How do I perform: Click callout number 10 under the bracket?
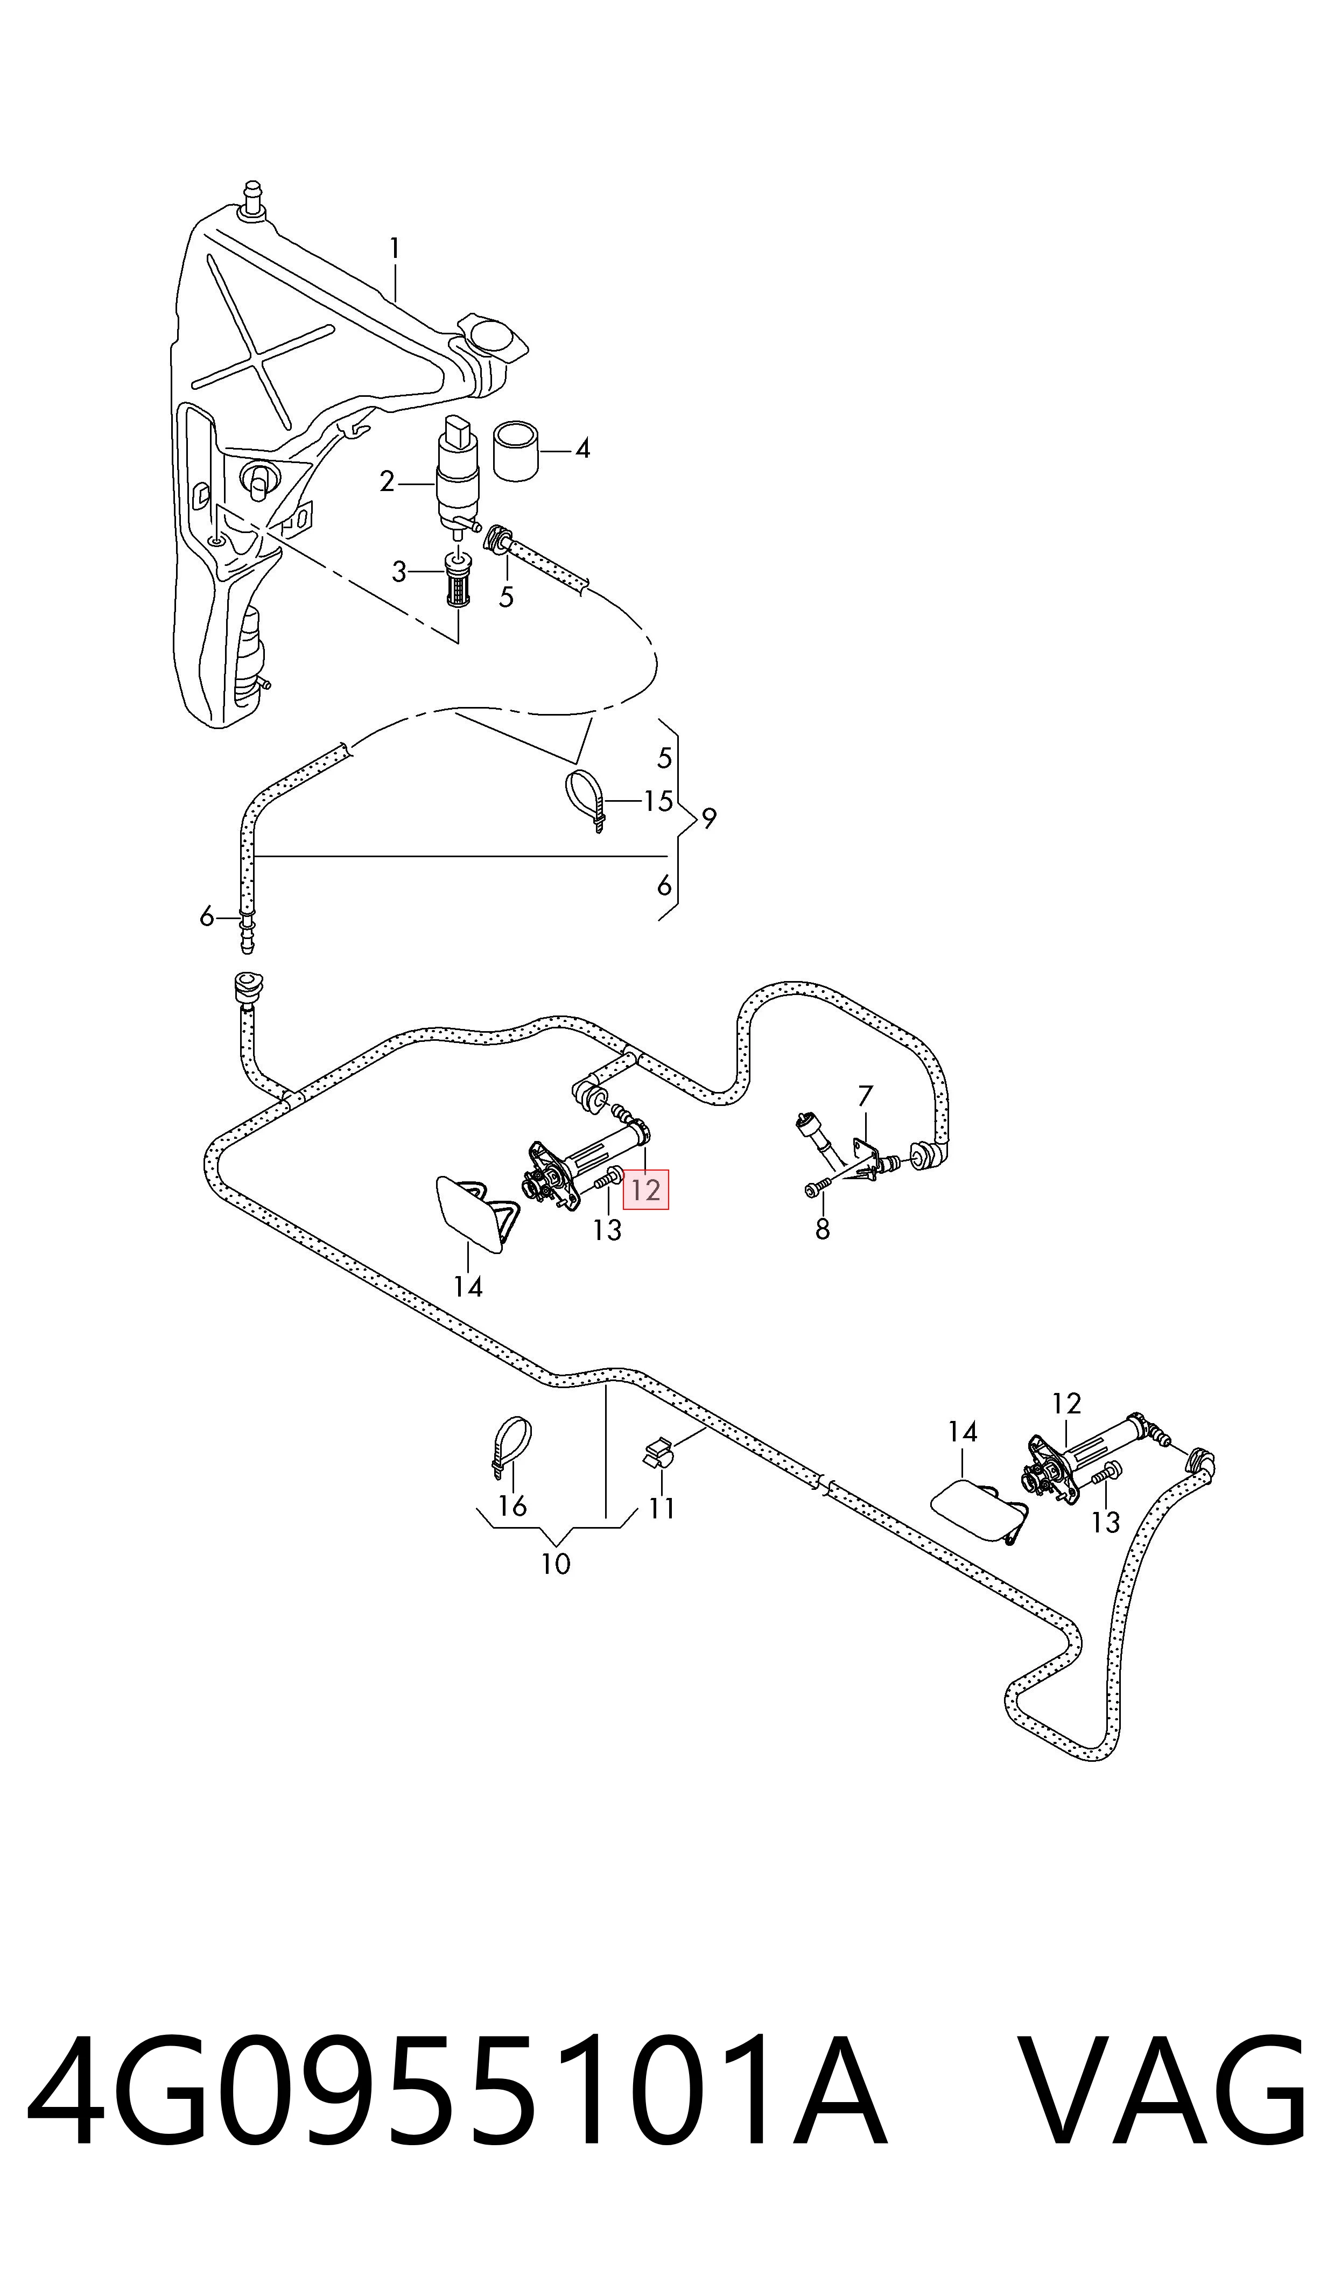tap(556, 1563)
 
